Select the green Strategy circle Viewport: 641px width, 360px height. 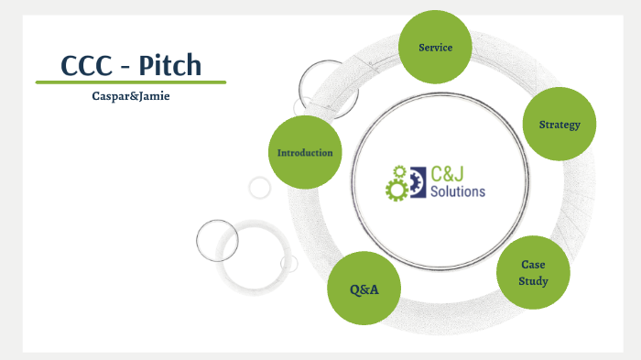[x=559, y=125]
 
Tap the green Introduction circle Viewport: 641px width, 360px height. [x=305, y=152]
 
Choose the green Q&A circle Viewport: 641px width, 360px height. [x=364, y=289]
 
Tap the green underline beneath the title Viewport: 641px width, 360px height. [x=130, y=82]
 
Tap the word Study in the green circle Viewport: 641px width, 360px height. [x=533, y=281]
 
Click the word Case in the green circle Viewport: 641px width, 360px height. [x=533, y=265]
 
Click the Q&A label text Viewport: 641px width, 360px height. [x=364, y=290]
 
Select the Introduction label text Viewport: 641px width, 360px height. [x=305, y=152]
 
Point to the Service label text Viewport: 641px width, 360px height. [x=435, y=47]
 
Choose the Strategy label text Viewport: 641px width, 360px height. [x=560, y=125]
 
